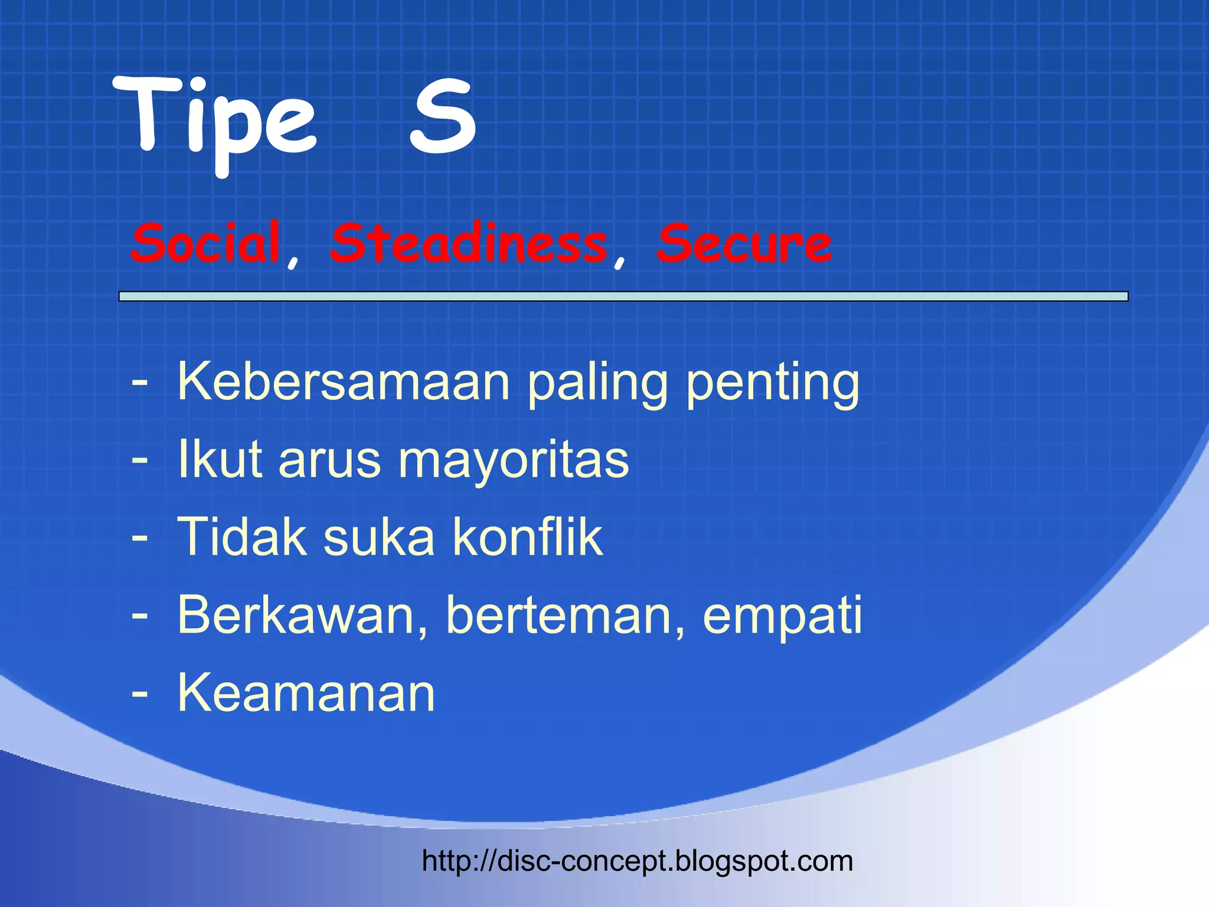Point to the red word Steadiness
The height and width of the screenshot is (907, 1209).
point(469,243)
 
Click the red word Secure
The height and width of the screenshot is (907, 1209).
point(744,243)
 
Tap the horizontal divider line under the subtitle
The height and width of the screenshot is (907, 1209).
point(623,296)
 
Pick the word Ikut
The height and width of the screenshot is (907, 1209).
point(220,459)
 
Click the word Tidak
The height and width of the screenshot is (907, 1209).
point(242,537)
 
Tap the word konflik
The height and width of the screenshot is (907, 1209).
point(528,537)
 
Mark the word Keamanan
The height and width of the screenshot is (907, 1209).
point(306,693)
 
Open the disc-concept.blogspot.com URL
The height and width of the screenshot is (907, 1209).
point(638,861)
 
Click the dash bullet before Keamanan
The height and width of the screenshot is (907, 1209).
point(140,693)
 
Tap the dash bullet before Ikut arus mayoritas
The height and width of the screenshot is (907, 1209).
point(140,460)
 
